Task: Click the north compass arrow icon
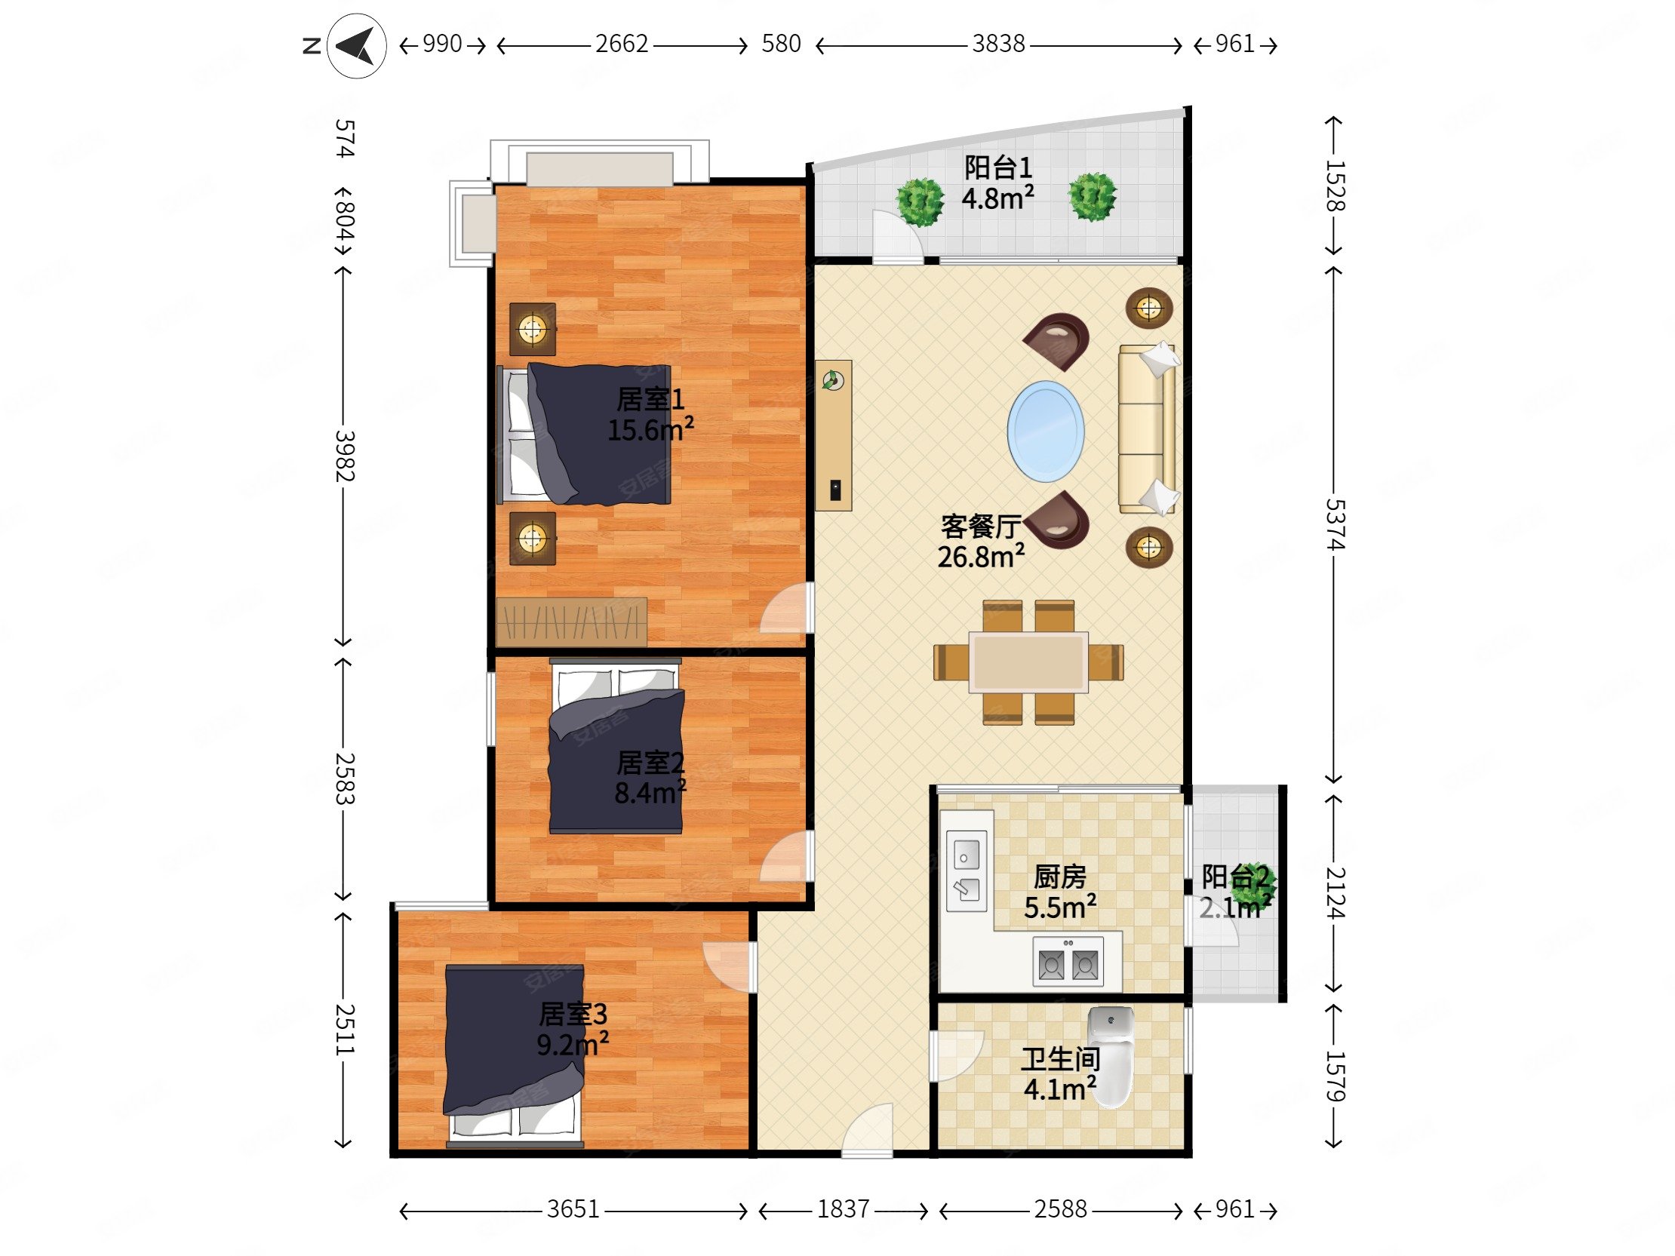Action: (x=357, y=46)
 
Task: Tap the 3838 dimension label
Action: (x=998, y=44)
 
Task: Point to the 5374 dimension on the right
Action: (x=1335, y=524)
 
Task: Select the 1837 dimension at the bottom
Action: (x=843, y=1209)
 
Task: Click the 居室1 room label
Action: (x=650, y=399)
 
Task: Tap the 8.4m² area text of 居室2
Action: (x=650, y=793)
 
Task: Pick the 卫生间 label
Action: (x=1060, y=1059)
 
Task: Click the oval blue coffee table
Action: (x=1046, y=431)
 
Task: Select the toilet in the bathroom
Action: (x=1110, y=1056)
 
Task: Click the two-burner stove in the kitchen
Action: (x=1068, y=962)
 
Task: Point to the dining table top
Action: (x=1029, y=662)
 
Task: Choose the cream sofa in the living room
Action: (x=1148, y=428)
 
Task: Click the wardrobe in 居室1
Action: (x=572, y=622)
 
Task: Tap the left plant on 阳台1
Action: (x=920, y=201)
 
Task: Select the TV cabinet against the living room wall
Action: (x=834, y=435)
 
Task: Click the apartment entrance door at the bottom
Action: (x=868, y=1130)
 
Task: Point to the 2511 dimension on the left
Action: (x=345, y=1030)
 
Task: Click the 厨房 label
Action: (x=1060, y=877)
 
